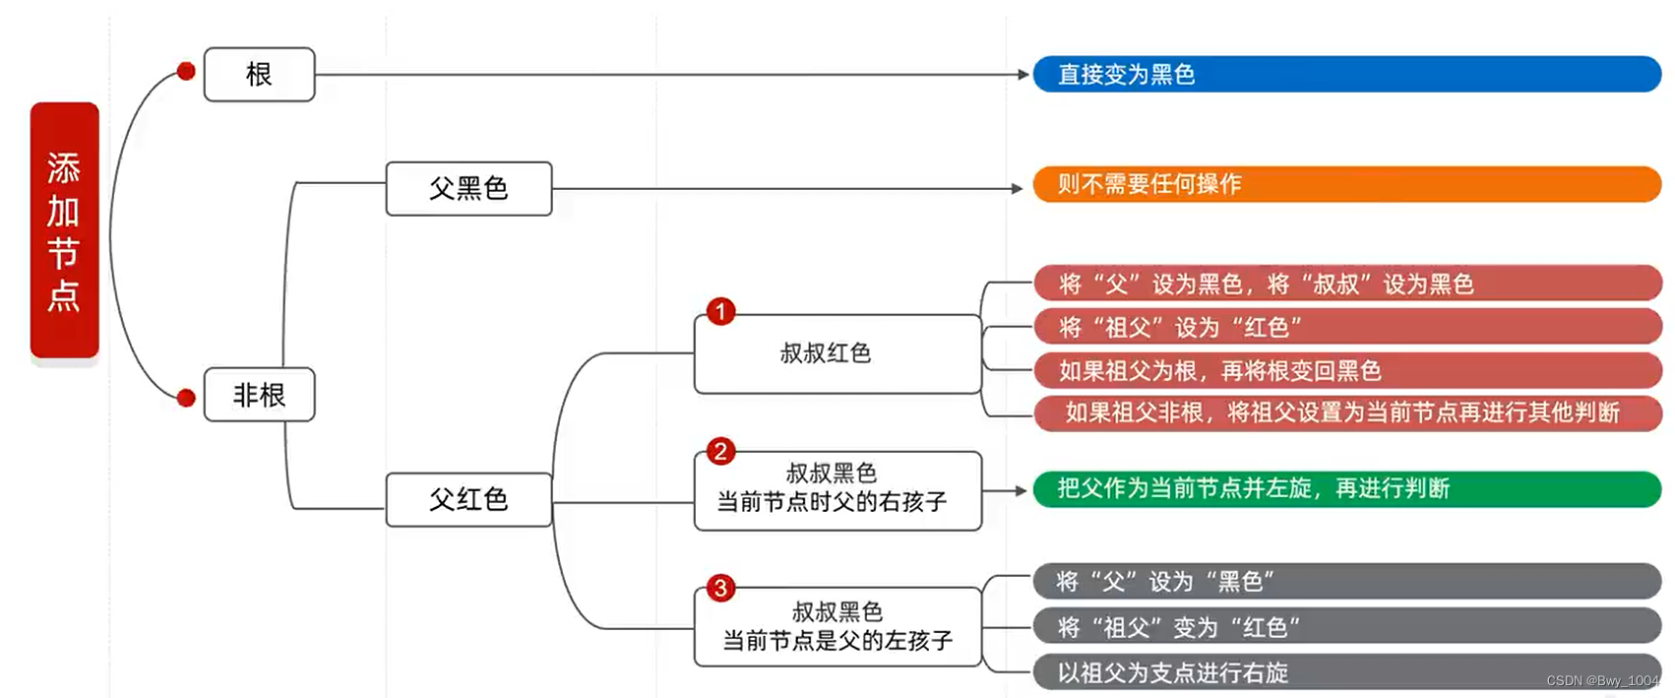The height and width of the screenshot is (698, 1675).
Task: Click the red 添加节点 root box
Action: pyautogui.click(x=65, y=230)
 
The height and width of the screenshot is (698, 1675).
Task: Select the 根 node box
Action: pyautogui.click(x=259, y=75)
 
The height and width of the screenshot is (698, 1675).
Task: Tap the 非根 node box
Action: pyautogui.click(x=259, y=395)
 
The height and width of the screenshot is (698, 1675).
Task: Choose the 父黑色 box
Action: pyautogui.click(x=468, y=188)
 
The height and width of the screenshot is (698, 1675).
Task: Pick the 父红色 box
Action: pyautogui.click(x=468, y=499)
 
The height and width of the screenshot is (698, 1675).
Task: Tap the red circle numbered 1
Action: pyautogui.click(x=720, y=312)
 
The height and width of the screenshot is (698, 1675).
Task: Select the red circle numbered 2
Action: pyautogui.click(x=720, y=451)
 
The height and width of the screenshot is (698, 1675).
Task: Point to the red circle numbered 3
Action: pyautogui.click(x=720, y=588)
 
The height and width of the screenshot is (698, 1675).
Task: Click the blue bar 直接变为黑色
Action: pyautogui.click(x=1346, y=75)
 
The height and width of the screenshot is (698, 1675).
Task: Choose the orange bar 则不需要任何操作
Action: pyautogui.click(x=1346, y=184)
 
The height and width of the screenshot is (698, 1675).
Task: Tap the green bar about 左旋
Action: pyautogui.click(x=1346, y=488)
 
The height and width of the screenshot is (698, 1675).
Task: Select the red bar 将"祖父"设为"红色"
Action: pyautogui.click(x=1346, y=327)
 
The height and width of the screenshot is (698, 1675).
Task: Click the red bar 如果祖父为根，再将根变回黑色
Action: pyautogui.click(x=1346, y=370)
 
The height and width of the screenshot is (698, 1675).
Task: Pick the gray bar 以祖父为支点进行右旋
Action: pyautogui.click(x=1346, y=672)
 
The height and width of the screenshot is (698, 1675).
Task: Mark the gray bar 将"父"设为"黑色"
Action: pyautogui.click(x=1346, y=581)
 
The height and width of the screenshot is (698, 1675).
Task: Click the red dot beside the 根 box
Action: pyautogui.click(x=186, y=71)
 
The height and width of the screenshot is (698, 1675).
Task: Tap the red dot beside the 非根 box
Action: pyautogui.click(x=186, y=398)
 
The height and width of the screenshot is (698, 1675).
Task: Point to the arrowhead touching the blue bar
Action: pyautogui.click(x=1024, y=75)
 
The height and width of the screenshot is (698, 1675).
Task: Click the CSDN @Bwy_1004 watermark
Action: pyautogui.click(x=1602, y=681)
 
